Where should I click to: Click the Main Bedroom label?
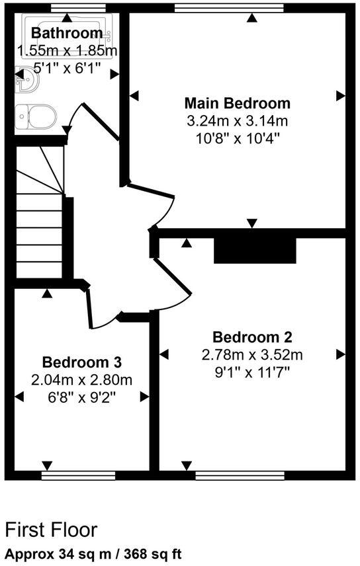click(237, 103)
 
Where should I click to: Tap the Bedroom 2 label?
click(252, 337)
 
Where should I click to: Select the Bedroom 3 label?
click(81, 362)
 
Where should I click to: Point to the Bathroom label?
click(67, 33)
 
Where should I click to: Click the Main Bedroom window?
click(229, 7)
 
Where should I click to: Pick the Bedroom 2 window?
click(240, 474)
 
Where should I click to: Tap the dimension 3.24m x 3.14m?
click(237, 121)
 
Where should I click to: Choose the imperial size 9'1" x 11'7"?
click(252, 372)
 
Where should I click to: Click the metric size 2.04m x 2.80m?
click(81, 380)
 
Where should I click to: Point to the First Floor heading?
click(51, 530)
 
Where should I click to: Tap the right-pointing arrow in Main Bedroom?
click(341, 96)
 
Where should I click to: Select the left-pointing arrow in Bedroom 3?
click(19, 397)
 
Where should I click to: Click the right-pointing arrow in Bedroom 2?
click(341, 354)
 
